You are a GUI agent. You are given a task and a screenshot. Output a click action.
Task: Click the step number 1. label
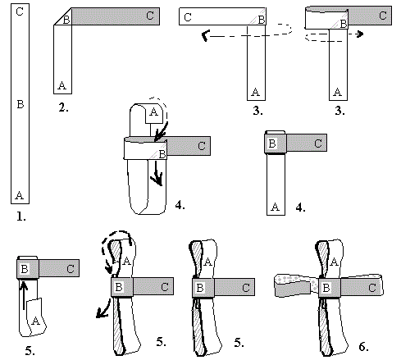pyautogui.click(x=21, y=216)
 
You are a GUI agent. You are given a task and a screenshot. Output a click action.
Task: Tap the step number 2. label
pyautogui.click(x=63, y=107)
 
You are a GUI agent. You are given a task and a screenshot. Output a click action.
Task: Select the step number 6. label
pyautogui.click(x=363, y=347)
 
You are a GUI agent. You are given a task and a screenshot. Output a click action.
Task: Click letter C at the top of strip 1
pyautogui.click(x=20, y=11)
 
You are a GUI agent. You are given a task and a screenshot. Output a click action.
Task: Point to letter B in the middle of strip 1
pyautogui.click(x=21, y=104)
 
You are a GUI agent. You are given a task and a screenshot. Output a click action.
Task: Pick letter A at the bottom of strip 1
pyautogui.click(x=20, y=195)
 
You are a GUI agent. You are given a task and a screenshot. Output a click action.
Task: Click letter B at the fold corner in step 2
pyautogui.click(x=66, y=20)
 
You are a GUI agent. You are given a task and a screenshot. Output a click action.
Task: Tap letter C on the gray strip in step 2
pyautogui.click(x=150, y=16)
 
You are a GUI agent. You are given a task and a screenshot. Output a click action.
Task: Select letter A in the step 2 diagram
pyautogui.click(x=62, y=85)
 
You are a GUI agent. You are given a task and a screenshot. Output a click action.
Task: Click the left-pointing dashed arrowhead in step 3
pyautogui.click(x=205, y=35)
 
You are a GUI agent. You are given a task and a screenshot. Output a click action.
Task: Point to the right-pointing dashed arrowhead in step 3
pyautogui.click(x=360, y=34)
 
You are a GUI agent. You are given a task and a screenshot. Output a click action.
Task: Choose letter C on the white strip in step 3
pyautogui.click(x=188, y=17)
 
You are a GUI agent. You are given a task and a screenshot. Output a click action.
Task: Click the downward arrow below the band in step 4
pyautogui.click(x=157, y=173)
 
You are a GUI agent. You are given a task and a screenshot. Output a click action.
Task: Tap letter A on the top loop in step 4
pyautogui.click(x=153, y=112)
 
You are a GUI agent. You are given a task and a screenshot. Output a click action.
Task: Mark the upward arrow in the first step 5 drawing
pyautogui.click(x=24, y=295)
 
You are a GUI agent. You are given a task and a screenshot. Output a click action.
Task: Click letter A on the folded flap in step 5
pyautogui.click(x=35, y=321)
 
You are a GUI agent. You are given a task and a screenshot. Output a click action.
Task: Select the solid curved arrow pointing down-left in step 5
pyautogui.click(x=103, y=309)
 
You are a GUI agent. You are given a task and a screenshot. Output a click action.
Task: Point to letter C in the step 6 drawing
pyautogui.click(x=372, y=288)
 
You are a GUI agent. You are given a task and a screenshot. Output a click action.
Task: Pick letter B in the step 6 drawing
pyautogui.click(x=326, y=288)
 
